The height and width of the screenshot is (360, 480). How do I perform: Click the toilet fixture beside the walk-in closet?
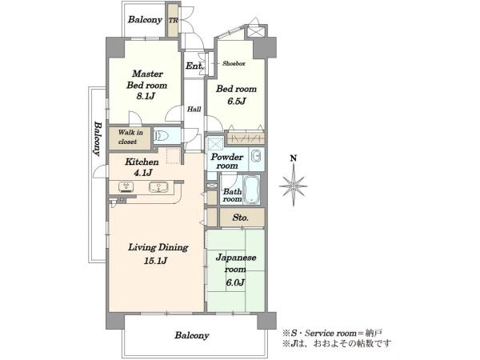[x=161, y=135]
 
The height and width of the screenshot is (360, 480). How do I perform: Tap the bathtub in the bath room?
[x=252, y=190]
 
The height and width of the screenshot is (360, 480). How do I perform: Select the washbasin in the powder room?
[x=256, y=156]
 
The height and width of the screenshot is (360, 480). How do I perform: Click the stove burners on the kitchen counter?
[x=126, y=186]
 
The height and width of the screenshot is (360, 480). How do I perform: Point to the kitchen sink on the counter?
[x=158, y=187]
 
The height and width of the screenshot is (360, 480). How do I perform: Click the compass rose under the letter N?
[x=294, y=186]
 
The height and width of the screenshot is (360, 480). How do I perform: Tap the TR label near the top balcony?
[x=174, y=21]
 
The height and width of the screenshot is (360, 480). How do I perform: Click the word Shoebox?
[x=234, y=64]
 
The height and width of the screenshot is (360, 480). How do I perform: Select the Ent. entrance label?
[x=194, y=66]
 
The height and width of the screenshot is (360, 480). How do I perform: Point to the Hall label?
[x=194, y=109]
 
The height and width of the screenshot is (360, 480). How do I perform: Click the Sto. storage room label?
[x=241, y=218]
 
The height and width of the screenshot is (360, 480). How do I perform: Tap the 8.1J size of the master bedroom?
[x=146, y=96]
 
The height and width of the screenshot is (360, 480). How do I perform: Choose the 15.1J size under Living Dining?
[x=155, y=261]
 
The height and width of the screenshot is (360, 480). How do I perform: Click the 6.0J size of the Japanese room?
[x=235, y=282]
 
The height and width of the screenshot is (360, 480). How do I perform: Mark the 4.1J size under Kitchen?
[x=142, y=173]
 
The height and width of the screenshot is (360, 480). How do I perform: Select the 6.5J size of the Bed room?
[x=236, y=101]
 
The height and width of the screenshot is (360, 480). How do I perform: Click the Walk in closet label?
[x=130, y=137]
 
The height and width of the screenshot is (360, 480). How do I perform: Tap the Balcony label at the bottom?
[x=192, y=335]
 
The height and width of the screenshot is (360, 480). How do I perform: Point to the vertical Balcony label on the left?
[x=98, y=139]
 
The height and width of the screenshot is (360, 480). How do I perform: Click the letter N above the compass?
[x=294, y=158]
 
